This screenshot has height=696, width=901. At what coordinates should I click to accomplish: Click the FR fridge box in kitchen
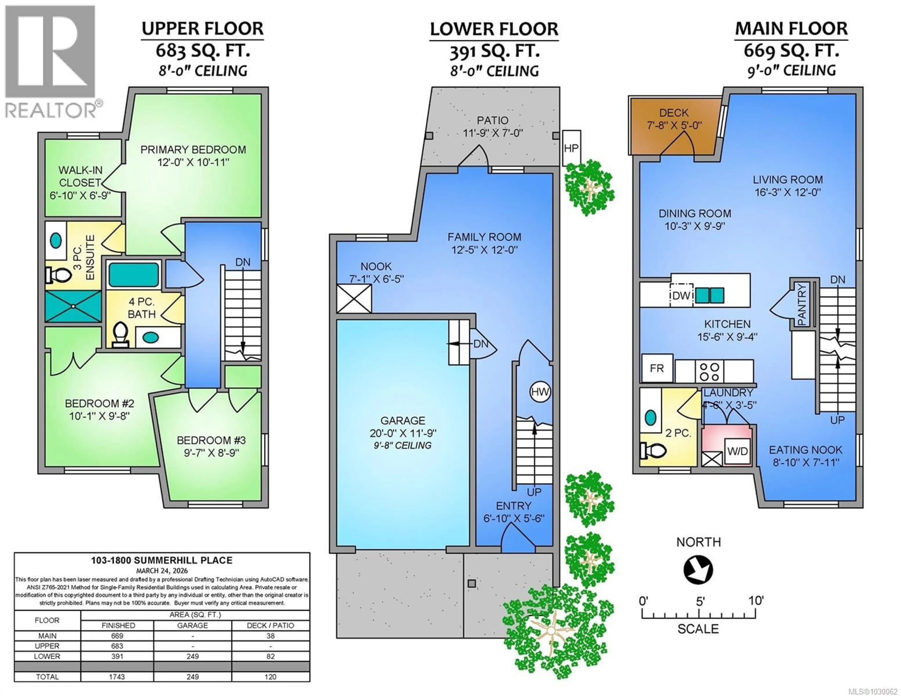click(x=657, y=368)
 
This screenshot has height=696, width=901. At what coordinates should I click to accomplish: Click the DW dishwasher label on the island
click(x=681, y=295)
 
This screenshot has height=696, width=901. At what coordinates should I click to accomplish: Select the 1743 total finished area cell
click(x=117, y=677)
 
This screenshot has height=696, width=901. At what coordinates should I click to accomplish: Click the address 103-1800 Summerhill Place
click(x=162, y=560)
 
